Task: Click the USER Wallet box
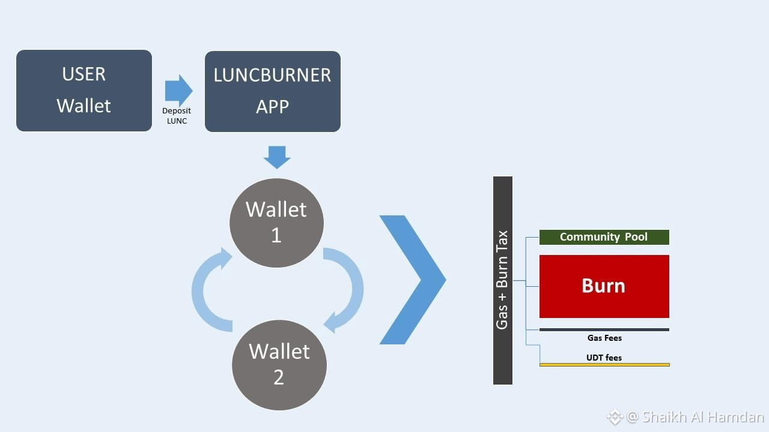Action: tap(84, 91)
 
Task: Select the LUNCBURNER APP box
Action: tap(273, 92)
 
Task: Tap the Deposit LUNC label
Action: tap(177, 116)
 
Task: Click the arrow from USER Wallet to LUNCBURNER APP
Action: tap(178, 91)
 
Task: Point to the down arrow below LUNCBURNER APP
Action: tap(277, 157)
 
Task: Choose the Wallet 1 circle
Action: tap(276, 223)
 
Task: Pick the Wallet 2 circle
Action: tap(279, 365)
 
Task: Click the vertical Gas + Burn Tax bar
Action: tap(503, 280)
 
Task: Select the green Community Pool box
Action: tap(604, 237)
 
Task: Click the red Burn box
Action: tap(604, 286)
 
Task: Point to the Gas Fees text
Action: tap(604, 338)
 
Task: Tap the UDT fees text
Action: tap(604, 358)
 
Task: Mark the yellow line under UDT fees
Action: tap(604, 365)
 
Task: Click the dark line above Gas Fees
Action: tap(604, 330)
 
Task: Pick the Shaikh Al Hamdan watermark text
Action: tap(703, 417)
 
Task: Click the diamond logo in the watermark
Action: tap(615, 417)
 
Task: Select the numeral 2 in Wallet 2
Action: tap(278, 377)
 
